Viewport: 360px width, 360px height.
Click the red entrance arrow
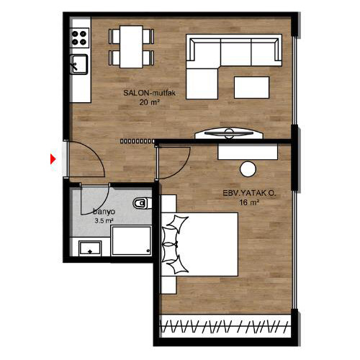coord(53,159)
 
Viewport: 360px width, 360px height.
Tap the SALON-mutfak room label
coord(149,93)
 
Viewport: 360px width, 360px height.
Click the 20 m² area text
coord(149,102)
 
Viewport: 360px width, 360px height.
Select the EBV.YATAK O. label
coord(249,193)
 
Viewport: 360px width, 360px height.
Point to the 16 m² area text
coord(249,202)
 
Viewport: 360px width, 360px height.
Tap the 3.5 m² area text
coord(104,220)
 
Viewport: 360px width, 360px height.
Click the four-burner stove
coord(79,38)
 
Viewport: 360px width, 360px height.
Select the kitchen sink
coord(78,64)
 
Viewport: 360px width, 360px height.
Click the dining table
coord(131,47)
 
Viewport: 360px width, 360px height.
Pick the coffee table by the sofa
coord(251,87)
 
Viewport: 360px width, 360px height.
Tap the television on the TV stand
coord(228,133)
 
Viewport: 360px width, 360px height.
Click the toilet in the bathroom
coord(142,204)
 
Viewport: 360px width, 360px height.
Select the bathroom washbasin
coord(90,248)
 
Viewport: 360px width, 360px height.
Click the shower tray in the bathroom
coord(131,240)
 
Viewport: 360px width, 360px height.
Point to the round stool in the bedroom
coord(248,169)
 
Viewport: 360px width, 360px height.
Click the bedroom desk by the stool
coord(248,151)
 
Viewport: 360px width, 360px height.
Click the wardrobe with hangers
coord(225,326)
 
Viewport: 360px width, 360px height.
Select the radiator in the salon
coord(138,141)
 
